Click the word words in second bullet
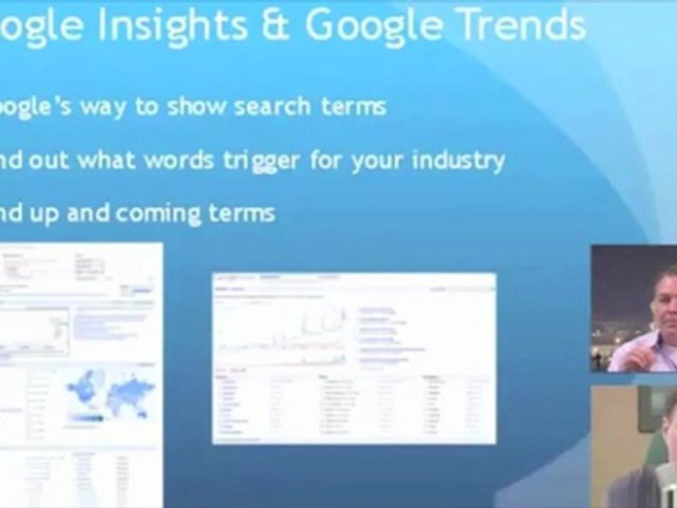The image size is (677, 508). click(176, 160)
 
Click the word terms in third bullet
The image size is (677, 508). click(240, 214)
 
